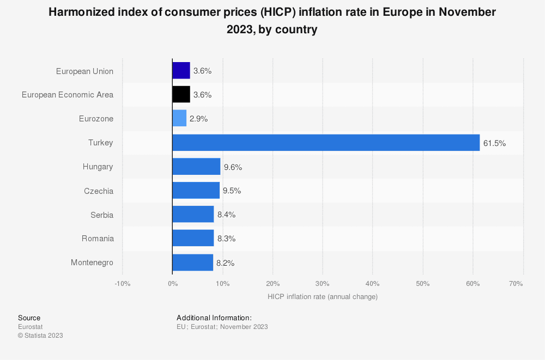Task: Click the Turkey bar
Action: [326, 143]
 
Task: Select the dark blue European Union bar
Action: [181, 71]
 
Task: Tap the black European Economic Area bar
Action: [181, 95]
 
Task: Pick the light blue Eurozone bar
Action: [179, 119]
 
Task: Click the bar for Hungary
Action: [196, 167]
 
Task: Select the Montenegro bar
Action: [192, 263]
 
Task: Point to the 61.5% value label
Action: [494, 143]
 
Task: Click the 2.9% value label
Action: [199, 119]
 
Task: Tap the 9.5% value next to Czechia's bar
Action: [232, 191]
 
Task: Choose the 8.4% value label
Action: [226, 215]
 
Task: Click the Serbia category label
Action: [102, 215]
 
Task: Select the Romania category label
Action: [98, 239]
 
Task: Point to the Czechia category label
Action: [99, 191]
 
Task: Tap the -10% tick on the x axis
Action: [122, 284]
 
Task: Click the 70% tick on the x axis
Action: [516, 284]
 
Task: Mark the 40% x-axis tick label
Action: [372, 284]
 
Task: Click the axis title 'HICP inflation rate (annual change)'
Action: [323, 297]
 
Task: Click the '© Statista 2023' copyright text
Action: [40, 335]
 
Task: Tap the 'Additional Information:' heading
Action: [214, 318]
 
